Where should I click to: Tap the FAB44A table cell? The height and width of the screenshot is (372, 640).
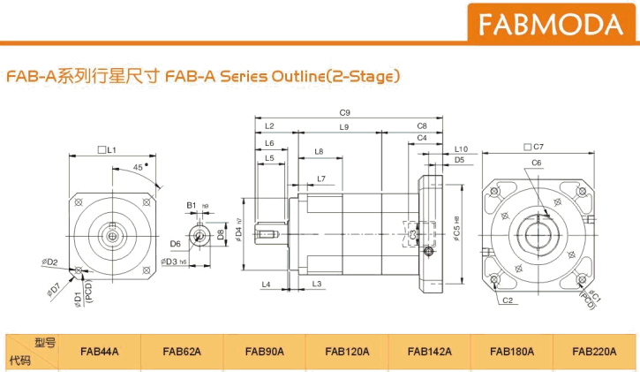point(98,352)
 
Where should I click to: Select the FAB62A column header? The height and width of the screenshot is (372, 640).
point(182,352)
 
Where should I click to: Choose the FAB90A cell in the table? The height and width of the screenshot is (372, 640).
point(265,352)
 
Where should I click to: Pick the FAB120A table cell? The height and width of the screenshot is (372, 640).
point(347,352)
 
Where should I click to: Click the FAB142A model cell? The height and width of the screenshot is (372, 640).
point(430,352)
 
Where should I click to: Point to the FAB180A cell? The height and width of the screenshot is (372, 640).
point(512,352)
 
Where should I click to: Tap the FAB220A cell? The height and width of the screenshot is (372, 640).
point(594,352)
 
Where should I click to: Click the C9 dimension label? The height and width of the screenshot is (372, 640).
point(345,113)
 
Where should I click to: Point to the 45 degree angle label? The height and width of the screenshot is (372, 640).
point(139,167)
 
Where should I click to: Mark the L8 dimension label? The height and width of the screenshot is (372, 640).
point(318,151)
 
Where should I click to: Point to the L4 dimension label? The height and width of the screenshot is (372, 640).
point(266,284)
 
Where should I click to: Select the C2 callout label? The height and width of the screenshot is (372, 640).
point(508,301)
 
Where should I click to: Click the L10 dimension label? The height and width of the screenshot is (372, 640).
point(460,149)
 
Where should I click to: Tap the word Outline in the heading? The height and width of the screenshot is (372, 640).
point(290,77)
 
